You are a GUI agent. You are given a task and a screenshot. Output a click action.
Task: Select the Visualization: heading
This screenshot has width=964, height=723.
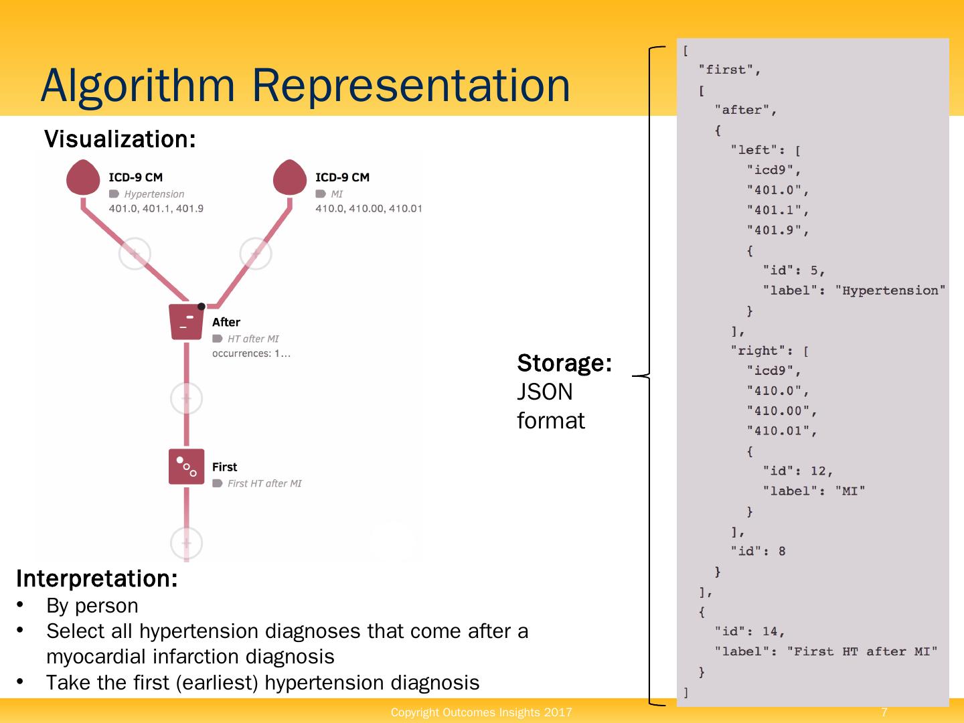pyautogui.click(x=120, y=139)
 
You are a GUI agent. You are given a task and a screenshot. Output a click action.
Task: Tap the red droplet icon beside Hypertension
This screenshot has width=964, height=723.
pyautogui.click(x=84, y=177)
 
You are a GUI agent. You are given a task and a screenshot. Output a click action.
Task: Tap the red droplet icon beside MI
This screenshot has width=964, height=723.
pyautogui.click(x=290, y=177)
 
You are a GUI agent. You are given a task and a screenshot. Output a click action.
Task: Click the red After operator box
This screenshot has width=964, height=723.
pyautogui.click(x=186, y=322)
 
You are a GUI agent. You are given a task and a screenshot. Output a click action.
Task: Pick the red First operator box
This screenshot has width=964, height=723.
pyautogui.click(x=186, y=467)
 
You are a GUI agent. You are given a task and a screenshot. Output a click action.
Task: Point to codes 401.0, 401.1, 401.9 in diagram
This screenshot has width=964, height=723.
pyautogui.click(x=156, y=208)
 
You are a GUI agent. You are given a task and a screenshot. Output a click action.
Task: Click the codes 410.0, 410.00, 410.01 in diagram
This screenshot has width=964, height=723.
pyautogui.click(x=369, y=208)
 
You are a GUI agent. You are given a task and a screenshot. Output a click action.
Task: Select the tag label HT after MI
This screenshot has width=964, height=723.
pyautogui.click(x=253, y=339)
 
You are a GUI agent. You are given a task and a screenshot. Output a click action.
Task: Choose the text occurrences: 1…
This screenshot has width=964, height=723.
pyautogui.click(x=251, y=353)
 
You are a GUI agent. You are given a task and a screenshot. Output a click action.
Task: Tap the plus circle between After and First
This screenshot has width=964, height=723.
pyautogui.click(x=186, y=398)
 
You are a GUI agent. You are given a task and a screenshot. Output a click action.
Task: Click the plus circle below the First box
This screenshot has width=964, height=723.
pyautogui.click(x=186, y=543)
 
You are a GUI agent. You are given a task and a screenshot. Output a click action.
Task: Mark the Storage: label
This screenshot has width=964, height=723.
pyautogui.click(x=564, y=363)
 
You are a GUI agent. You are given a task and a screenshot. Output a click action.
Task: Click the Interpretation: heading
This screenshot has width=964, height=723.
pyautogui.click(x=97, y=578)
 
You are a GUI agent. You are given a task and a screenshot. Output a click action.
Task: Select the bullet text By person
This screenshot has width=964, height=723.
pyautogui.click(x=92, y=605)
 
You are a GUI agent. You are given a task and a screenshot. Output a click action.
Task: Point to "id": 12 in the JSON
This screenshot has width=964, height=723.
pyautogui.click(x=797, y=471)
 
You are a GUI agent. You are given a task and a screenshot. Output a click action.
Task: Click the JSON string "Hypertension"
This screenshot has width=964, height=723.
pyautogui.click(x=890, y=291)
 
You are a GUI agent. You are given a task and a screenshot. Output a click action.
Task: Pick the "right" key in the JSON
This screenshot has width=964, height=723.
pyautogui.click(x=754, y=351)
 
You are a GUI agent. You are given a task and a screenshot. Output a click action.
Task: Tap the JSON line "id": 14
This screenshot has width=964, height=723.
pyautogui.click(x=749, y=631)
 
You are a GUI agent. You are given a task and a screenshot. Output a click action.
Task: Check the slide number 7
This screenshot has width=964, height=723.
pyautogui.click(x=884, y=712)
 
